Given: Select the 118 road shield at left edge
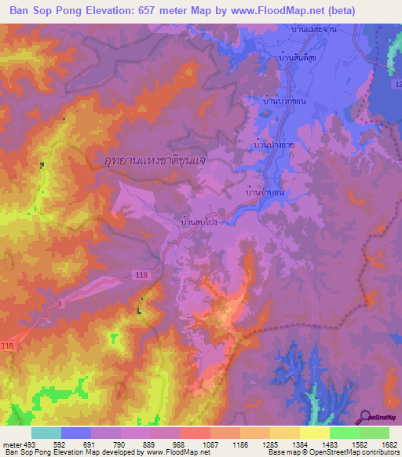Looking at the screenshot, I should [8, 345].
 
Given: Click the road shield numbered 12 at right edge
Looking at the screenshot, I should [397, 84].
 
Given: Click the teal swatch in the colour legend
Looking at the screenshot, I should [46, 432].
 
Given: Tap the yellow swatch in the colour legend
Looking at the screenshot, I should [315, 432].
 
